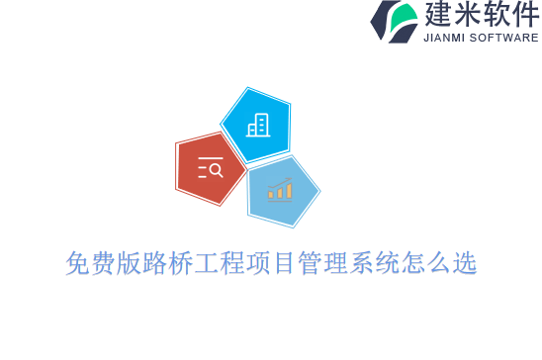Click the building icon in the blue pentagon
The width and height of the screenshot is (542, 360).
coord(258,125)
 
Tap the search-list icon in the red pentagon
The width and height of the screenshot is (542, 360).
coord(210,169)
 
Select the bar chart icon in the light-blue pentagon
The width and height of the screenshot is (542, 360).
coord(280,189)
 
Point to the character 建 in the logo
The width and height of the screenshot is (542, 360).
coord(439,15)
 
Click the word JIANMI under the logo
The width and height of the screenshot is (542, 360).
coord(447,38)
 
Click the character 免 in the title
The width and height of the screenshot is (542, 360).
coord(77,263)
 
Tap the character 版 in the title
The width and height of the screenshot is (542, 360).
coord(129,263)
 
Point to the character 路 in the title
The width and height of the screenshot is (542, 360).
coord(154,263)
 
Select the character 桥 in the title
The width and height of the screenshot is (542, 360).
coord(180,263)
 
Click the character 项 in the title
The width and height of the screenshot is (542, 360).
coord(257,263)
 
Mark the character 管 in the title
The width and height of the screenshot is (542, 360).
coord(309,263)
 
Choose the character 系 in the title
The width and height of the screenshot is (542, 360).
coord(360,263)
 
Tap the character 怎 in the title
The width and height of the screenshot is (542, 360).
coord(411,263)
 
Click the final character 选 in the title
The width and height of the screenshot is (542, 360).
coord(463,263)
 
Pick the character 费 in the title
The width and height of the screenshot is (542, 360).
coord(103,263)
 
